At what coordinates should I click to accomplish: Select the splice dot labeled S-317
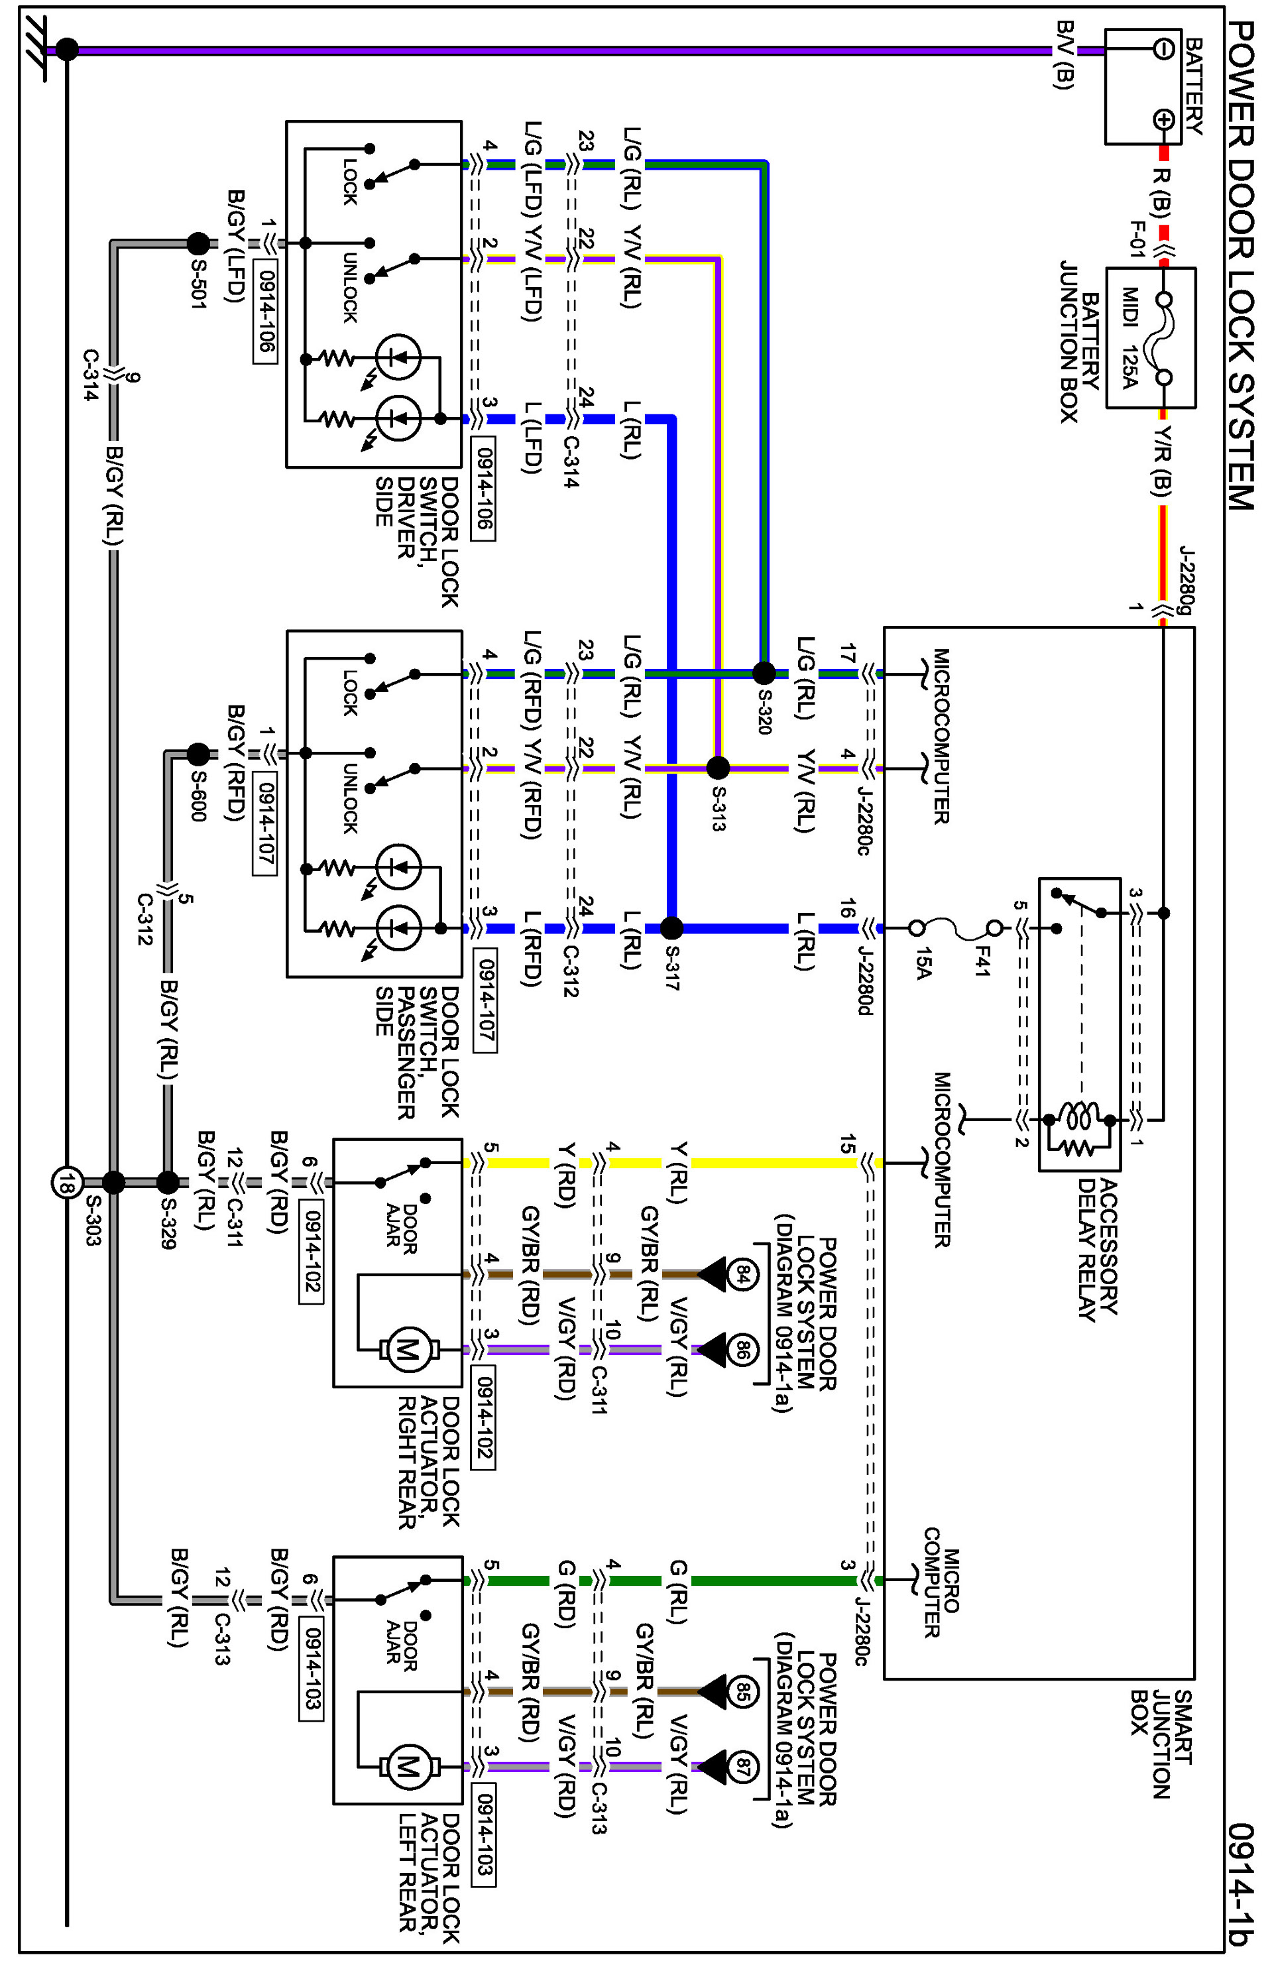[x=671, y=928]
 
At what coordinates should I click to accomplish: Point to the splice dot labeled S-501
[x=198, y=243]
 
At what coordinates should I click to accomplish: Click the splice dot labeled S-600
[x=198, y=753]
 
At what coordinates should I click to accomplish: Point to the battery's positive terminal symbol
[x=1163, y=119]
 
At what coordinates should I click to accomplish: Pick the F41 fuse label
[x=982, y=961]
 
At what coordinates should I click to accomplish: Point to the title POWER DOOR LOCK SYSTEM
[x=1240, y=264]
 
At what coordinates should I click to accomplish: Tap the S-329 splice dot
[x=168, y=1182]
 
